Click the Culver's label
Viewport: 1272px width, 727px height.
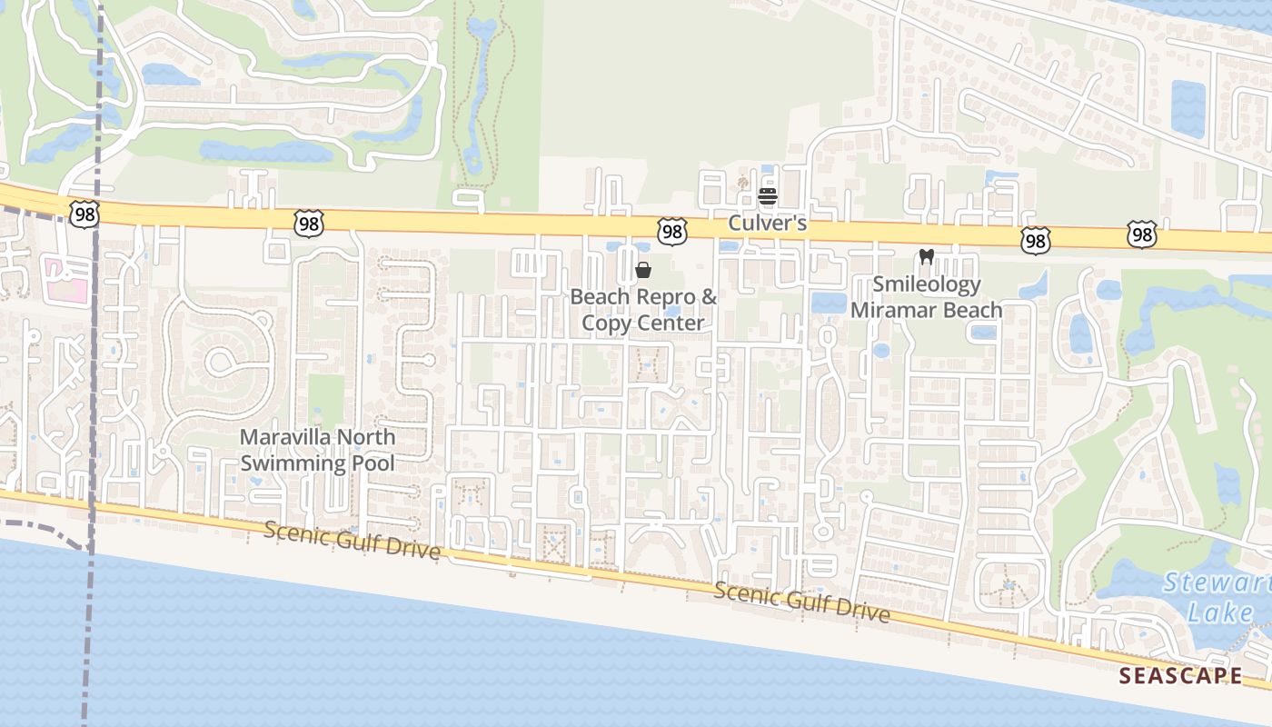(768, 223)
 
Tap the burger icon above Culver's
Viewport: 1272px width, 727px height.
(768, 196)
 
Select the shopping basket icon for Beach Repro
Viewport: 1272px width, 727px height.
(643, 270)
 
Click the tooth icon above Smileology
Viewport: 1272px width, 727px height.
(927, 257)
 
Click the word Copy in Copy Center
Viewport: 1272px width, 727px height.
(606, 323)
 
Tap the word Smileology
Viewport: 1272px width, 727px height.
(927, 284)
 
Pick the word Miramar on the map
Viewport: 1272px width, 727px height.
(887, 310)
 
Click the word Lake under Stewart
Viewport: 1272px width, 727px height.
(1220, 612)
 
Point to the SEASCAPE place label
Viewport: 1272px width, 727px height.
(1180, 675)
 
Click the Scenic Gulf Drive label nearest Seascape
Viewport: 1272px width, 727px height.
(801, 603)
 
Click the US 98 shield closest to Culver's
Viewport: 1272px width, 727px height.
(671, 232)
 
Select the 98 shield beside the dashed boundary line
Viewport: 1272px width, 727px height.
(83, 214)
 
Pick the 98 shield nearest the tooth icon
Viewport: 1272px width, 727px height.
(1035, 240)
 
